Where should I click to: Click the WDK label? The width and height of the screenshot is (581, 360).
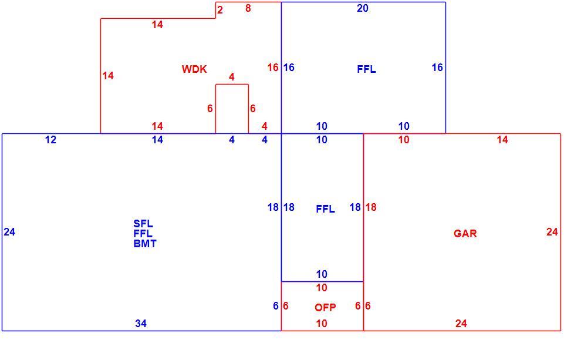(x=194, y=69)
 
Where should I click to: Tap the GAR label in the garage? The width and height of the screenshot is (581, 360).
(x=465, y=234)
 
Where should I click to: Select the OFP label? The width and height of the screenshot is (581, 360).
(x=325, y=307)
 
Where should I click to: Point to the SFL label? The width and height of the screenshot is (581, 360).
(x=143, y=224)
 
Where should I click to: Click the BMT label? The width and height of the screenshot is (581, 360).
(x=145, y=244)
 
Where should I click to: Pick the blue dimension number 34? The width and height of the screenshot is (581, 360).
(x=141, y=324)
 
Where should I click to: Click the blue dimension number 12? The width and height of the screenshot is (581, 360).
(x=50, y=140)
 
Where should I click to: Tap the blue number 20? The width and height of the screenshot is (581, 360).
(x=362, y=8)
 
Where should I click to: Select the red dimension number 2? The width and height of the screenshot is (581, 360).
(x=220, y=10)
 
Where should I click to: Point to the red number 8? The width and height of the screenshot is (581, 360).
(x=248, y=8)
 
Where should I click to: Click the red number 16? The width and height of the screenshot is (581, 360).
(x=273, y=68)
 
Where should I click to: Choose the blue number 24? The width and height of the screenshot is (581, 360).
(x=9, y=232)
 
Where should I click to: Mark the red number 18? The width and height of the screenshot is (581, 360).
(x=371, y=207)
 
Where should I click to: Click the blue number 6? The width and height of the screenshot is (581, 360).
(x=276, y=306)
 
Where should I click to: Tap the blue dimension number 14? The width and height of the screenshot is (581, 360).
(x=157, y=140)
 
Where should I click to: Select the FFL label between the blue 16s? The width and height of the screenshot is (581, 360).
(x=366, y=69)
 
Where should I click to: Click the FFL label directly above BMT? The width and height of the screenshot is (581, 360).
(x=143, y=234)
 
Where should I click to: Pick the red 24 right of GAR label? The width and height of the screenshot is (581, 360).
(x=552, y=232)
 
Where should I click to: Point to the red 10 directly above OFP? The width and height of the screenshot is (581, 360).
(x=322, y=288)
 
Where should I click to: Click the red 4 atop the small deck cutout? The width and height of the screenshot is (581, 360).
(x=232, y=77)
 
